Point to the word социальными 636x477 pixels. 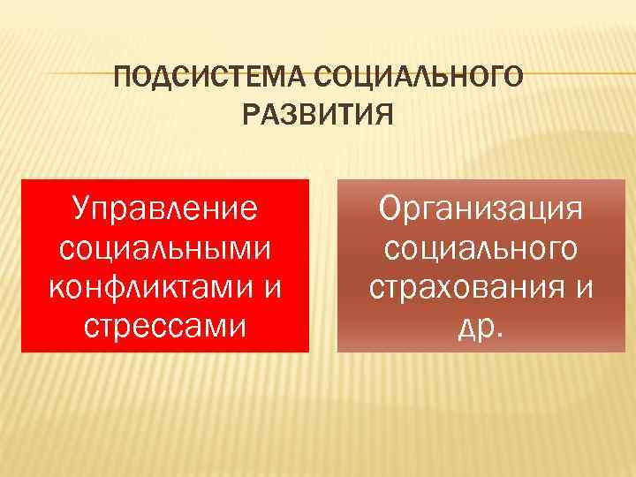[165, 248]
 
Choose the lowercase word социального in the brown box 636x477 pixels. [481, 248]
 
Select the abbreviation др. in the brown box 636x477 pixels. [481, 326]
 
